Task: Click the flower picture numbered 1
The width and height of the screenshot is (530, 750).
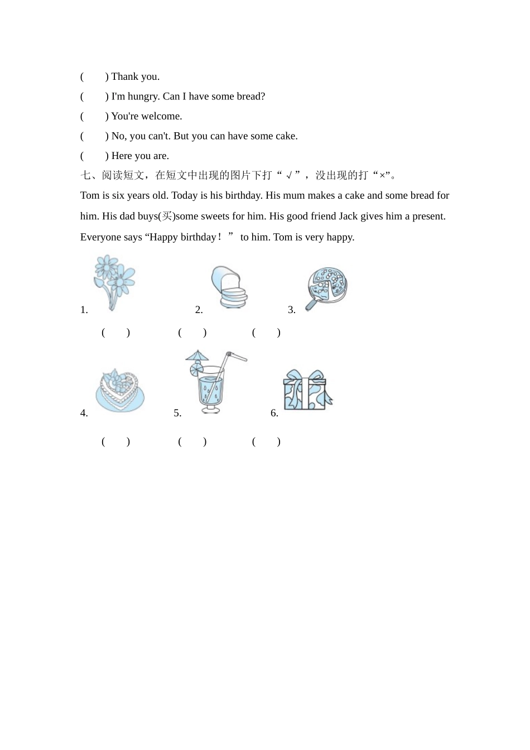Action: pyautogui.click(x=114, y=281)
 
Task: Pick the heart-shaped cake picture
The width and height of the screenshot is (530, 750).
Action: pyautogui.click(x=119, y=390)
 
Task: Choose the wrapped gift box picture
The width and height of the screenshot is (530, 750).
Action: pyautogui.click(x=307, y=390)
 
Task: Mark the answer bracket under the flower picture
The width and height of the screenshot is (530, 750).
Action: pyautogui.click(x=115, y=333)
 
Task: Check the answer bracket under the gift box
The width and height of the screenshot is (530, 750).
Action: pyautogui.click(x=266, y=442)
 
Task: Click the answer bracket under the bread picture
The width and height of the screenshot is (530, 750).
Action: pyautogui.click(x=192, y=333)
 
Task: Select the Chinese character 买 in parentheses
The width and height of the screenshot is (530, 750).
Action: pyautogui.click(x=167, y=216)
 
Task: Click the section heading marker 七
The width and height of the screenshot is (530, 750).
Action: pyautogui.click(x=85, y=176)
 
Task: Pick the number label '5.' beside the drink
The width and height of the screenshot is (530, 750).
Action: pyautogui.click(x=177, y=414)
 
